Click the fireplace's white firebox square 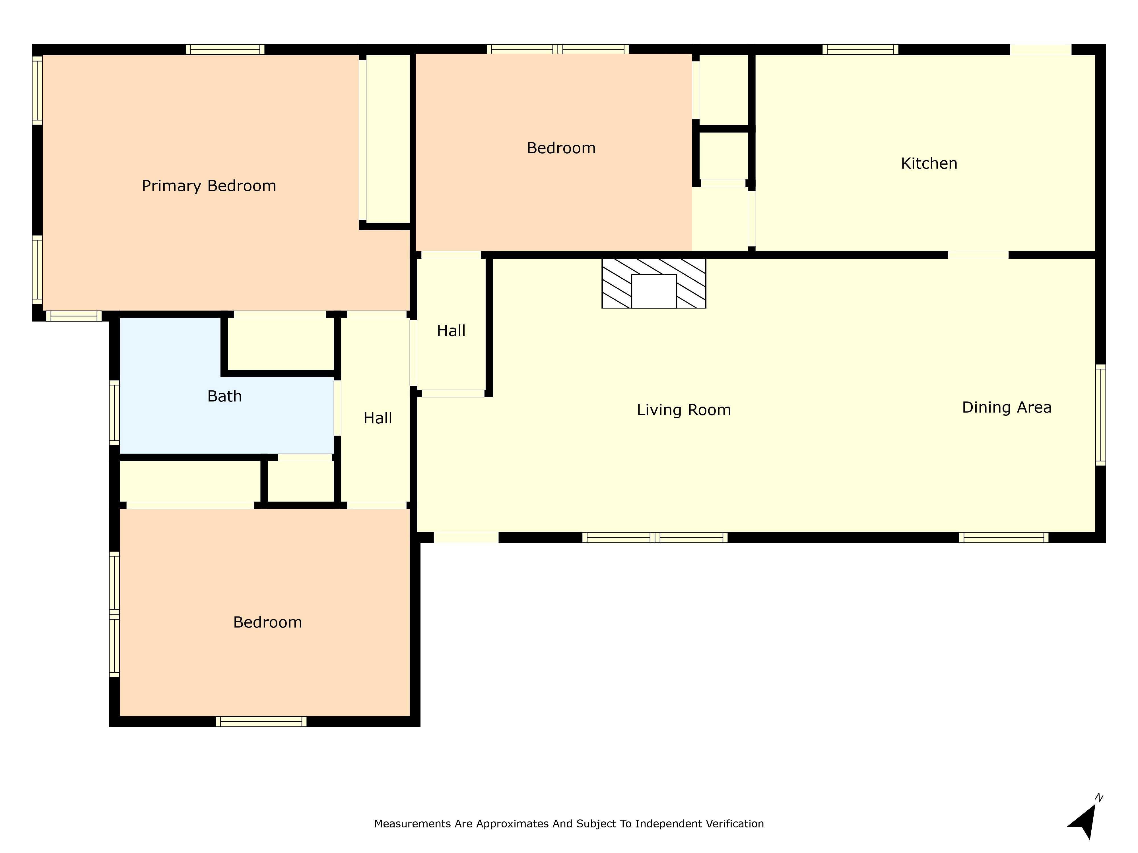click(653, 291)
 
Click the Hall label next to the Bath click(378, 418)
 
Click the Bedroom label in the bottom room click(267, 622)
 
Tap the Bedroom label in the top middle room click(561, 148)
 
